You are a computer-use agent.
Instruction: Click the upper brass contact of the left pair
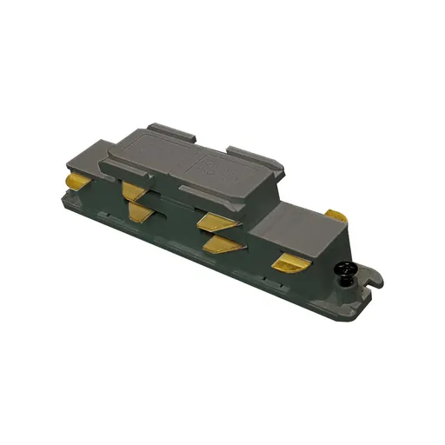(x=133, y=190)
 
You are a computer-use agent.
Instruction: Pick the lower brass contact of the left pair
(x=139, y=210)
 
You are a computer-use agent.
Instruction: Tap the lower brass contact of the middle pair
(x=222, y=243)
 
